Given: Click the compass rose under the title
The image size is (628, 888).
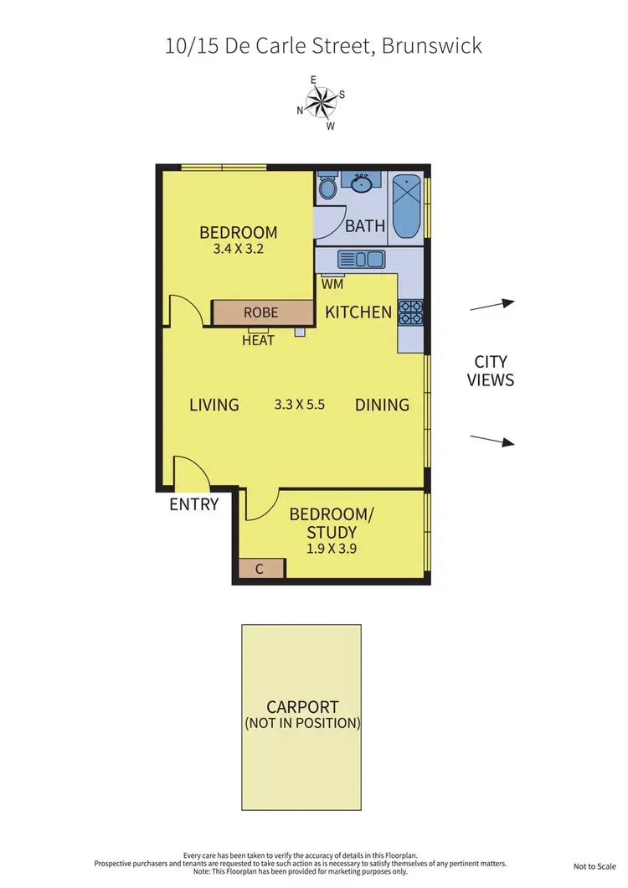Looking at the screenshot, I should click(320, 103).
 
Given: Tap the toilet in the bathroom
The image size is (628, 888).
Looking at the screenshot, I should click(327, 187).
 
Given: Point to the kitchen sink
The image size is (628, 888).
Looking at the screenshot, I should click(361, 260).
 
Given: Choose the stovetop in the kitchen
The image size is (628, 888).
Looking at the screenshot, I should click(410, 312).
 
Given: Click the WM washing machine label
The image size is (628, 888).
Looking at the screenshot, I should click(332, 284).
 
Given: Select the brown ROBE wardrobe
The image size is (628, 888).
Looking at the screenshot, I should click(260, 312).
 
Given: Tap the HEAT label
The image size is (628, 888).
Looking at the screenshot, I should click(259, 340).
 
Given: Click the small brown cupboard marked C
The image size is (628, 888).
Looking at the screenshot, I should click(260, 569).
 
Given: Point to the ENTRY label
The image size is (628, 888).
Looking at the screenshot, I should click(193, 504).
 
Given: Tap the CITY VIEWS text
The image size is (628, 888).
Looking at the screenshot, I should click(491, 371).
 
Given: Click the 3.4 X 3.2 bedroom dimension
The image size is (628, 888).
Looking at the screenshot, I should click(238, 249).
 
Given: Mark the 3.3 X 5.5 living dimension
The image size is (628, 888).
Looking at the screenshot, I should click(299, 405).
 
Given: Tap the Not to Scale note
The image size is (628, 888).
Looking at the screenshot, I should click(594, 866).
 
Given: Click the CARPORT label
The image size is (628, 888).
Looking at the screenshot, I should click(302, 707).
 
